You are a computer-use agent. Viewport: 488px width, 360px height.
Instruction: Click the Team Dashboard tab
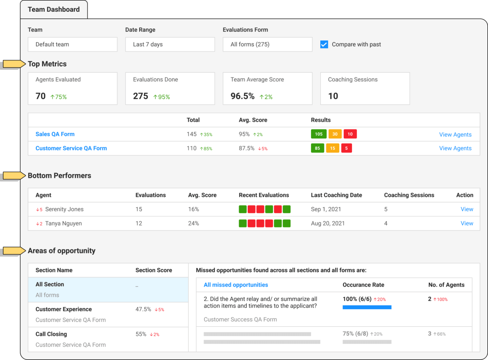point(54,10)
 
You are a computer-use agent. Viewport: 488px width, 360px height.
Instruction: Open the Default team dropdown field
point(72,44)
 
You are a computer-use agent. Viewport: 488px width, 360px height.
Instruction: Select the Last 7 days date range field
point(170,44)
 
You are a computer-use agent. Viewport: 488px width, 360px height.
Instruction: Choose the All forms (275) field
point(267,44)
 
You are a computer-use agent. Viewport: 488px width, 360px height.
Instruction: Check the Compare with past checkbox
point(324,44)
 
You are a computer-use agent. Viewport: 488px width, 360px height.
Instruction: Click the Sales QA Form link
point(55,134)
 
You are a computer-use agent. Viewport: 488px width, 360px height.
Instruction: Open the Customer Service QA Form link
point(71,148)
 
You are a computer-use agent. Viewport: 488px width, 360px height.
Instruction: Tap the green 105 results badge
point(319,134)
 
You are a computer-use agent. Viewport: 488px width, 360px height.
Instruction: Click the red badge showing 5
point(346,148)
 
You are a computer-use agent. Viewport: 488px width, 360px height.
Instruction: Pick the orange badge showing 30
point(335,134)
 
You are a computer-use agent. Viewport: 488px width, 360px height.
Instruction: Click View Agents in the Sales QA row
point(455,134)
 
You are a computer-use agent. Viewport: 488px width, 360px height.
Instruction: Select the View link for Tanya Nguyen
point(467,223)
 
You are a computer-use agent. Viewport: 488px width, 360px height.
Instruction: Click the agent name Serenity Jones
point(64,209)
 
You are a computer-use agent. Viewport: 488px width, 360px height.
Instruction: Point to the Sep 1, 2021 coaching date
point(326,209)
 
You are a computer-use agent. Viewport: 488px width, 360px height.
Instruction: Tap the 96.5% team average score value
point(242,96)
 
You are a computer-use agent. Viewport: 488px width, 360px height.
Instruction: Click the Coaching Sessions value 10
point(333,96)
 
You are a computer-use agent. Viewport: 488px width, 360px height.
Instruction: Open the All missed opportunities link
point(236,285)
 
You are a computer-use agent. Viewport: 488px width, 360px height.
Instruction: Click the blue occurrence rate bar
point(367,307)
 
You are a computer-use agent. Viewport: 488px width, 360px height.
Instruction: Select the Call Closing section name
point(51,334)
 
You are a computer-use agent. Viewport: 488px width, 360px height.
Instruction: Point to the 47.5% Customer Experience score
point(143,309)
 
